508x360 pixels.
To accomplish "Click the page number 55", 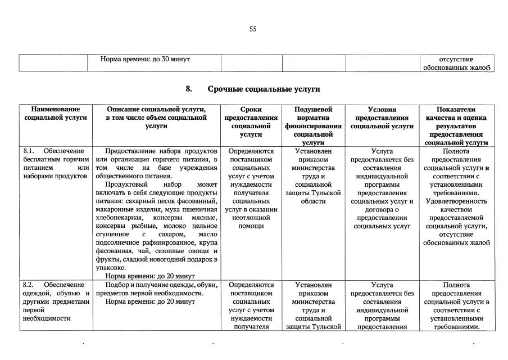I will click(x=253, y=29).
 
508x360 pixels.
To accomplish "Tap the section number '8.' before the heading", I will click(x=189, y=89).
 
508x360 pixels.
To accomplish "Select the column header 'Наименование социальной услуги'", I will click(x=55, y=114).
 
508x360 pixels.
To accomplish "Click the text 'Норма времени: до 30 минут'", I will click(x=146, y=59).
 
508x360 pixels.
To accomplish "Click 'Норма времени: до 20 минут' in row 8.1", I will click(x=150, y=276).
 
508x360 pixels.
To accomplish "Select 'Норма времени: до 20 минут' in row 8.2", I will click(x=150, y=301).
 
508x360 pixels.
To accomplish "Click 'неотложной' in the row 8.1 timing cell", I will click(x=251, y=218).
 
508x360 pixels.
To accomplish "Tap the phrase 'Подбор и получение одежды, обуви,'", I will click(x=161, y=285).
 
